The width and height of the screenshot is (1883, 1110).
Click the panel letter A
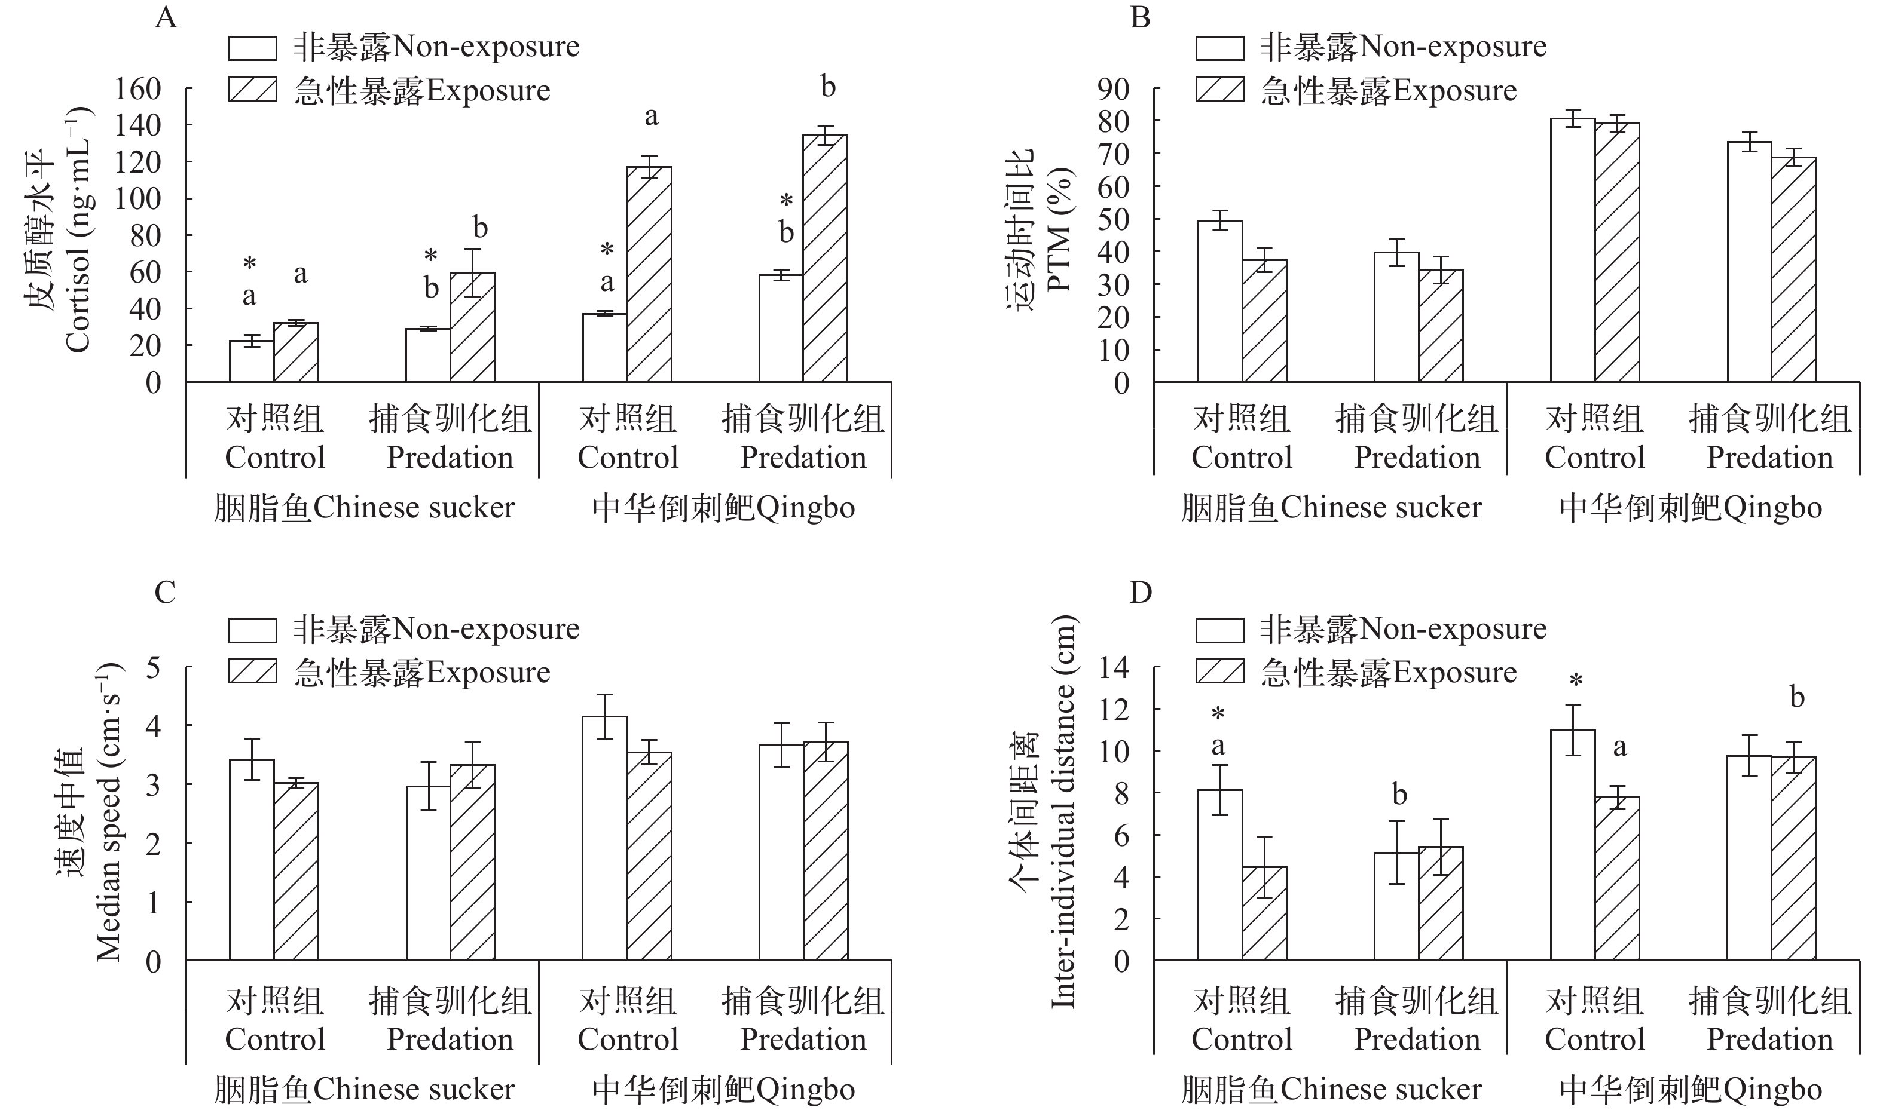point(166,17)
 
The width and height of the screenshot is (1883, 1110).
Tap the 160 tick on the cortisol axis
point(137,90)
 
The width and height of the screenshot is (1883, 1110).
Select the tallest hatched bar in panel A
point(825,258)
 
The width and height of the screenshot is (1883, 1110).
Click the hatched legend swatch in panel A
point(253,90)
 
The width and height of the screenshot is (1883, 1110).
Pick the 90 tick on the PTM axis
point(1113,90)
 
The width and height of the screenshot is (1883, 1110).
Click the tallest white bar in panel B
point(1572,250)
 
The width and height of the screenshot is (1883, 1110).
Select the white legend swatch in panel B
point(1220,48)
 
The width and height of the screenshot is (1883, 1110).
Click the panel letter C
point(164,593)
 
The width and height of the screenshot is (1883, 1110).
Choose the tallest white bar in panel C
point(605,838)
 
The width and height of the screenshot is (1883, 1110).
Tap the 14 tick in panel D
point(1113,667)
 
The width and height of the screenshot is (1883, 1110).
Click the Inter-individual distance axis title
point(1063,811)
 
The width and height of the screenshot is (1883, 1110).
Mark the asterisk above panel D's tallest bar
point(1575,682)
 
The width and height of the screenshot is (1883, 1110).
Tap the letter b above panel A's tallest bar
point(828,87)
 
